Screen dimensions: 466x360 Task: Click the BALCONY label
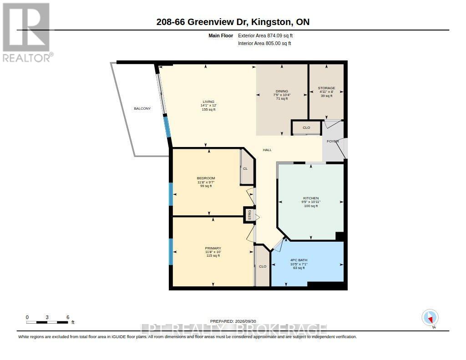142,108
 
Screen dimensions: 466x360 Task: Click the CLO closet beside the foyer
306,127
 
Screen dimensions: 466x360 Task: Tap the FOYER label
333,141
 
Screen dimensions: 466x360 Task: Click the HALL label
267,150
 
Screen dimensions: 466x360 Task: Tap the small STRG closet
250,215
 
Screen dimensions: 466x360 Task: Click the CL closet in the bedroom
245,168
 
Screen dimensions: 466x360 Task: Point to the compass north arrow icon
430,318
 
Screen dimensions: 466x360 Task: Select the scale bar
47,322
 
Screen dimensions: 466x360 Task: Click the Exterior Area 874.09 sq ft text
265,35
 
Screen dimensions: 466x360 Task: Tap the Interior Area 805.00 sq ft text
264,43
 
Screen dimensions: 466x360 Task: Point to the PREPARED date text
233,321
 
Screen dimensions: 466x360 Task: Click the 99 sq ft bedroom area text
206,186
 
